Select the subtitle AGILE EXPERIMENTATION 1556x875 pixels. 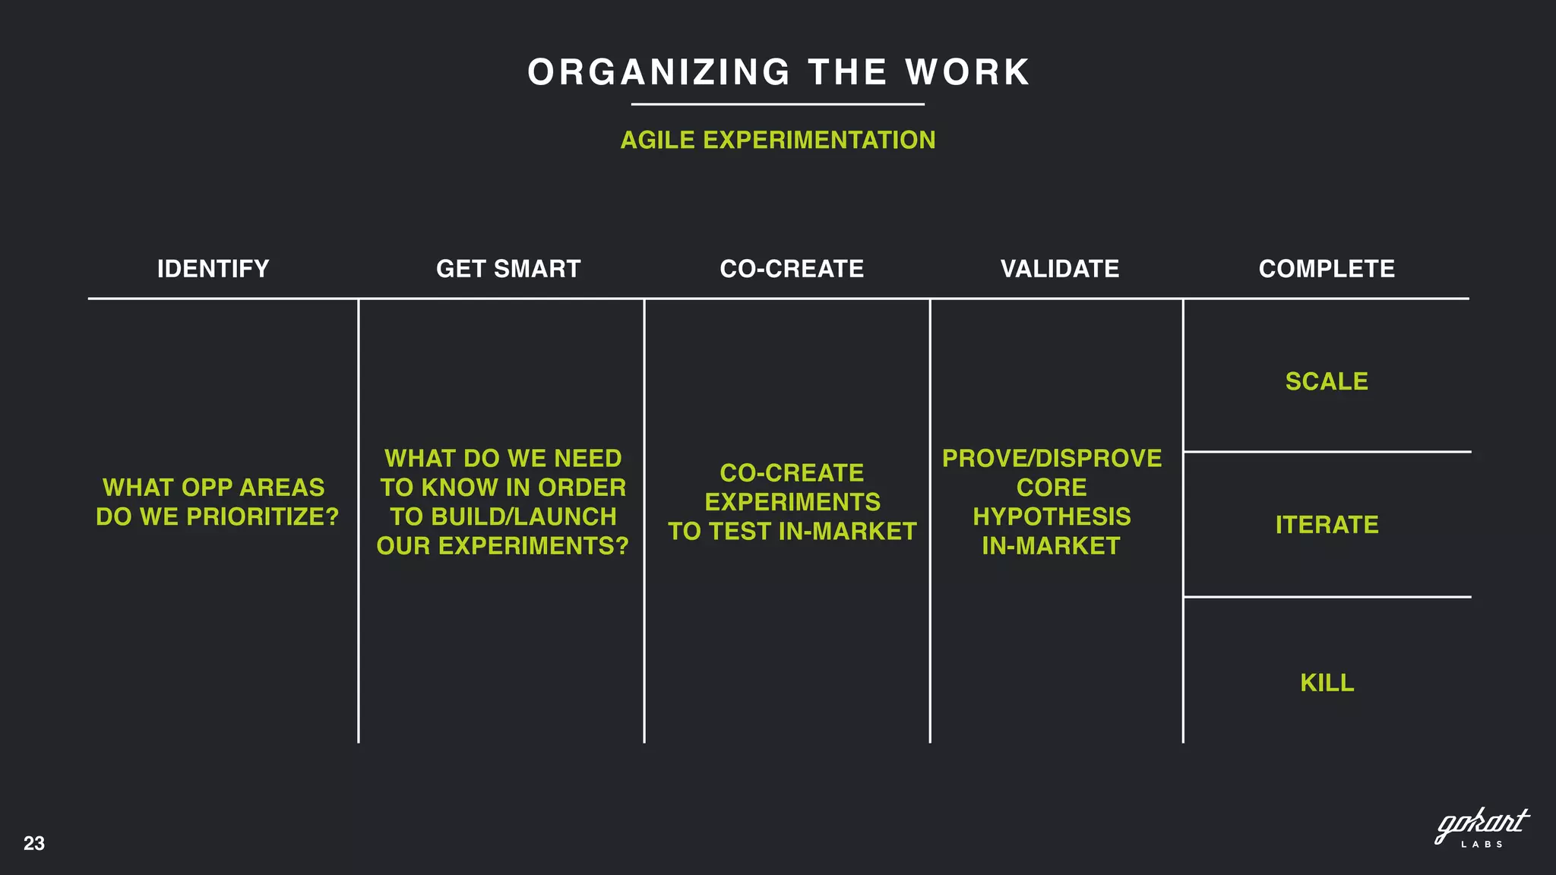click(x=777, y=141)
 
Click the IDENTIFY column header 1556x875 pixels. click(x=213, y=269)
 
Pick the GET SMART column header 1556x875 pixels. click(x=508, y=269)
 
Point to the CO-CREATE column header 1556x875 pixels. click(x=792, y=269)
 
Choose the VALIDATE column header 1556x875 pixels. click(x=1059, y=269)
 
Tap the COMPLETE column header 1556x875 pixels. click(x=1327, y=269)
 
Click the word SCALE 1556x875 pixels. click(x=1327, y=381)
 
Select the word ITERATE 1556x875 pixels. click(x=1327, y=525)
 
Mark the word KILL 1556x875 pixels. click(x=1327, y=683)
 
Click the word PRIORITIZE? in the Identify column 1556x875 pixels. click(x=262, y=517)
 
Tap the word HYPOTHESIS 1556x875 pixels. click(x=1052, y=517)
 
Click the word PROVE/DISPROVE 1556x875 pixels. click(x=1052, y=459)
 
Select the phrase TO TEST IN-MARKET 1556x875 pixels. click(x=792, y=532)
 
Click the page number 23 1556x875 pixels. click(x=34, y=843)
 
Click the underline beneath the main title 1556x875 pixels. click(x=777, y=104)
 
